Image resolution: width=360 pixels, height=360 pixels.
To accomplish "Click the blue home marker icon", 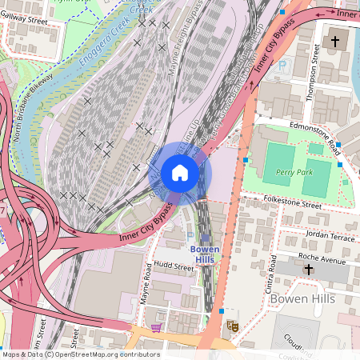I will pos(180,173).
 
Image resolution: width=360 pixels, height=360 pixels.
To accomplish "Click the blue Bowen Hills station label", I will pos(203,254).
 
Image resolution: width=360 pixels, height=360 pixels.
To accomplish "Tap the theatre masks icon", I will pos(233,326).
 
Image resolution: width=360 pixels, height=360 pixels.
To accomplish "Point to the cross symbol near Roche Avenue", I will pos(309,270).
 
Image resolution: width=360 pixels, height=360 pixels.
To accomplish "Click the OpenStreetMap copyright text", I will pos(80,354).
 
